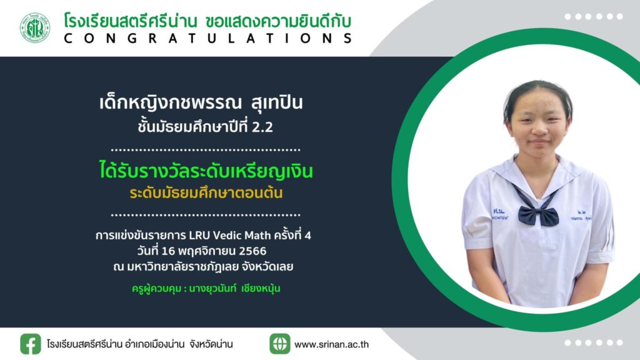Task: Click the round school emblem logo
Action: click(x=35, y=27)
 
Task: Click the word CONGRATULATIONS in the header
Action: click(x=207, y=38)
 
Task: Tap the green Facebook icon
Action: click(x=31, y=344)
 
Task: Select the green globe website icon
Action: click(x=279, y=344)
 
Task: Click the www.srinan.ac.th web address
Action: click(x=331, y=344)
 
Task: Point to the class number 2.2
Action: click(x=262, y=127)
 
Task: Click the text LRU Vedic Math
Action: click(x=230, y=236)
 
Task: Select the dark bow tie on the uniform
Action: click(x=538, y=215)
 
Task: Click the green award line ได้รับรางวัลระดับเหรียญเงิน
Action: click(x=206, y=171)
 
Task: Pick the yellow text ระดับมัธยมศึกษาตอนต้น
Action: click(x=206, y=192)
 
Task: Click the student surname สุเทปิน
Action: click(x=277, y=103)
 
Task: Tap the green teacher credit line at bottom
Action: click(x=206, y=289)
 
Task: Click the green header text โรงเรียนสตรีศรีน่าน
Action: click(x=131, y=21)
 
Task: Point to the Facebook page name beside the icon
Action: click(x=139, y=344)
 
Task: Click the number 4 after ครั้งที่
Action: click(x=307, y=236)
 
